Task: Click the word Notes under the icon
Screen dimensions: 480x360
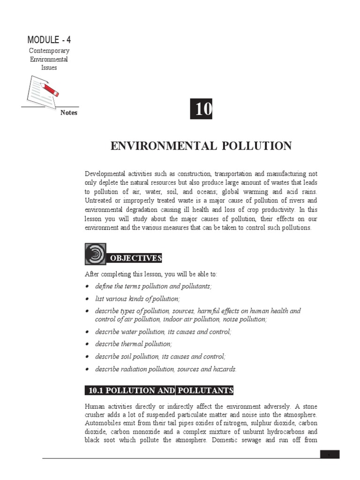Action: click(x=69, y=112)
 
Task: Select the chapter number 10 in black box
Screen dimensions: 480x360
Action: click(x=202, y=109)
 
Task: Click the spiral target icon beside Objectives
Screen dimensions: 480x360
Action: click(x=95, y=254)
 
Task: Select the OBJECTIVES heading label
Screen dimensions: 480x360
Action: click(x=135, y=258)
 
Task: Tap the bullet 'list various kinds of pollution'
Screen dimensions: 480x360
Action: click(x=137, y=299)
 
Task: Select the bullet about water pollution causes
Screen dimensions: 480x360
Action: click(x=163, y=331)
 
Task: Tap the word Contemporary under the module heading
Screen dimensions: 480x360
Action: click(x=49, y=51)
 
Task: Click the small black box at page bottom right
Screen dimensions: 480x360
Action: click(x=330, y=454)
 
